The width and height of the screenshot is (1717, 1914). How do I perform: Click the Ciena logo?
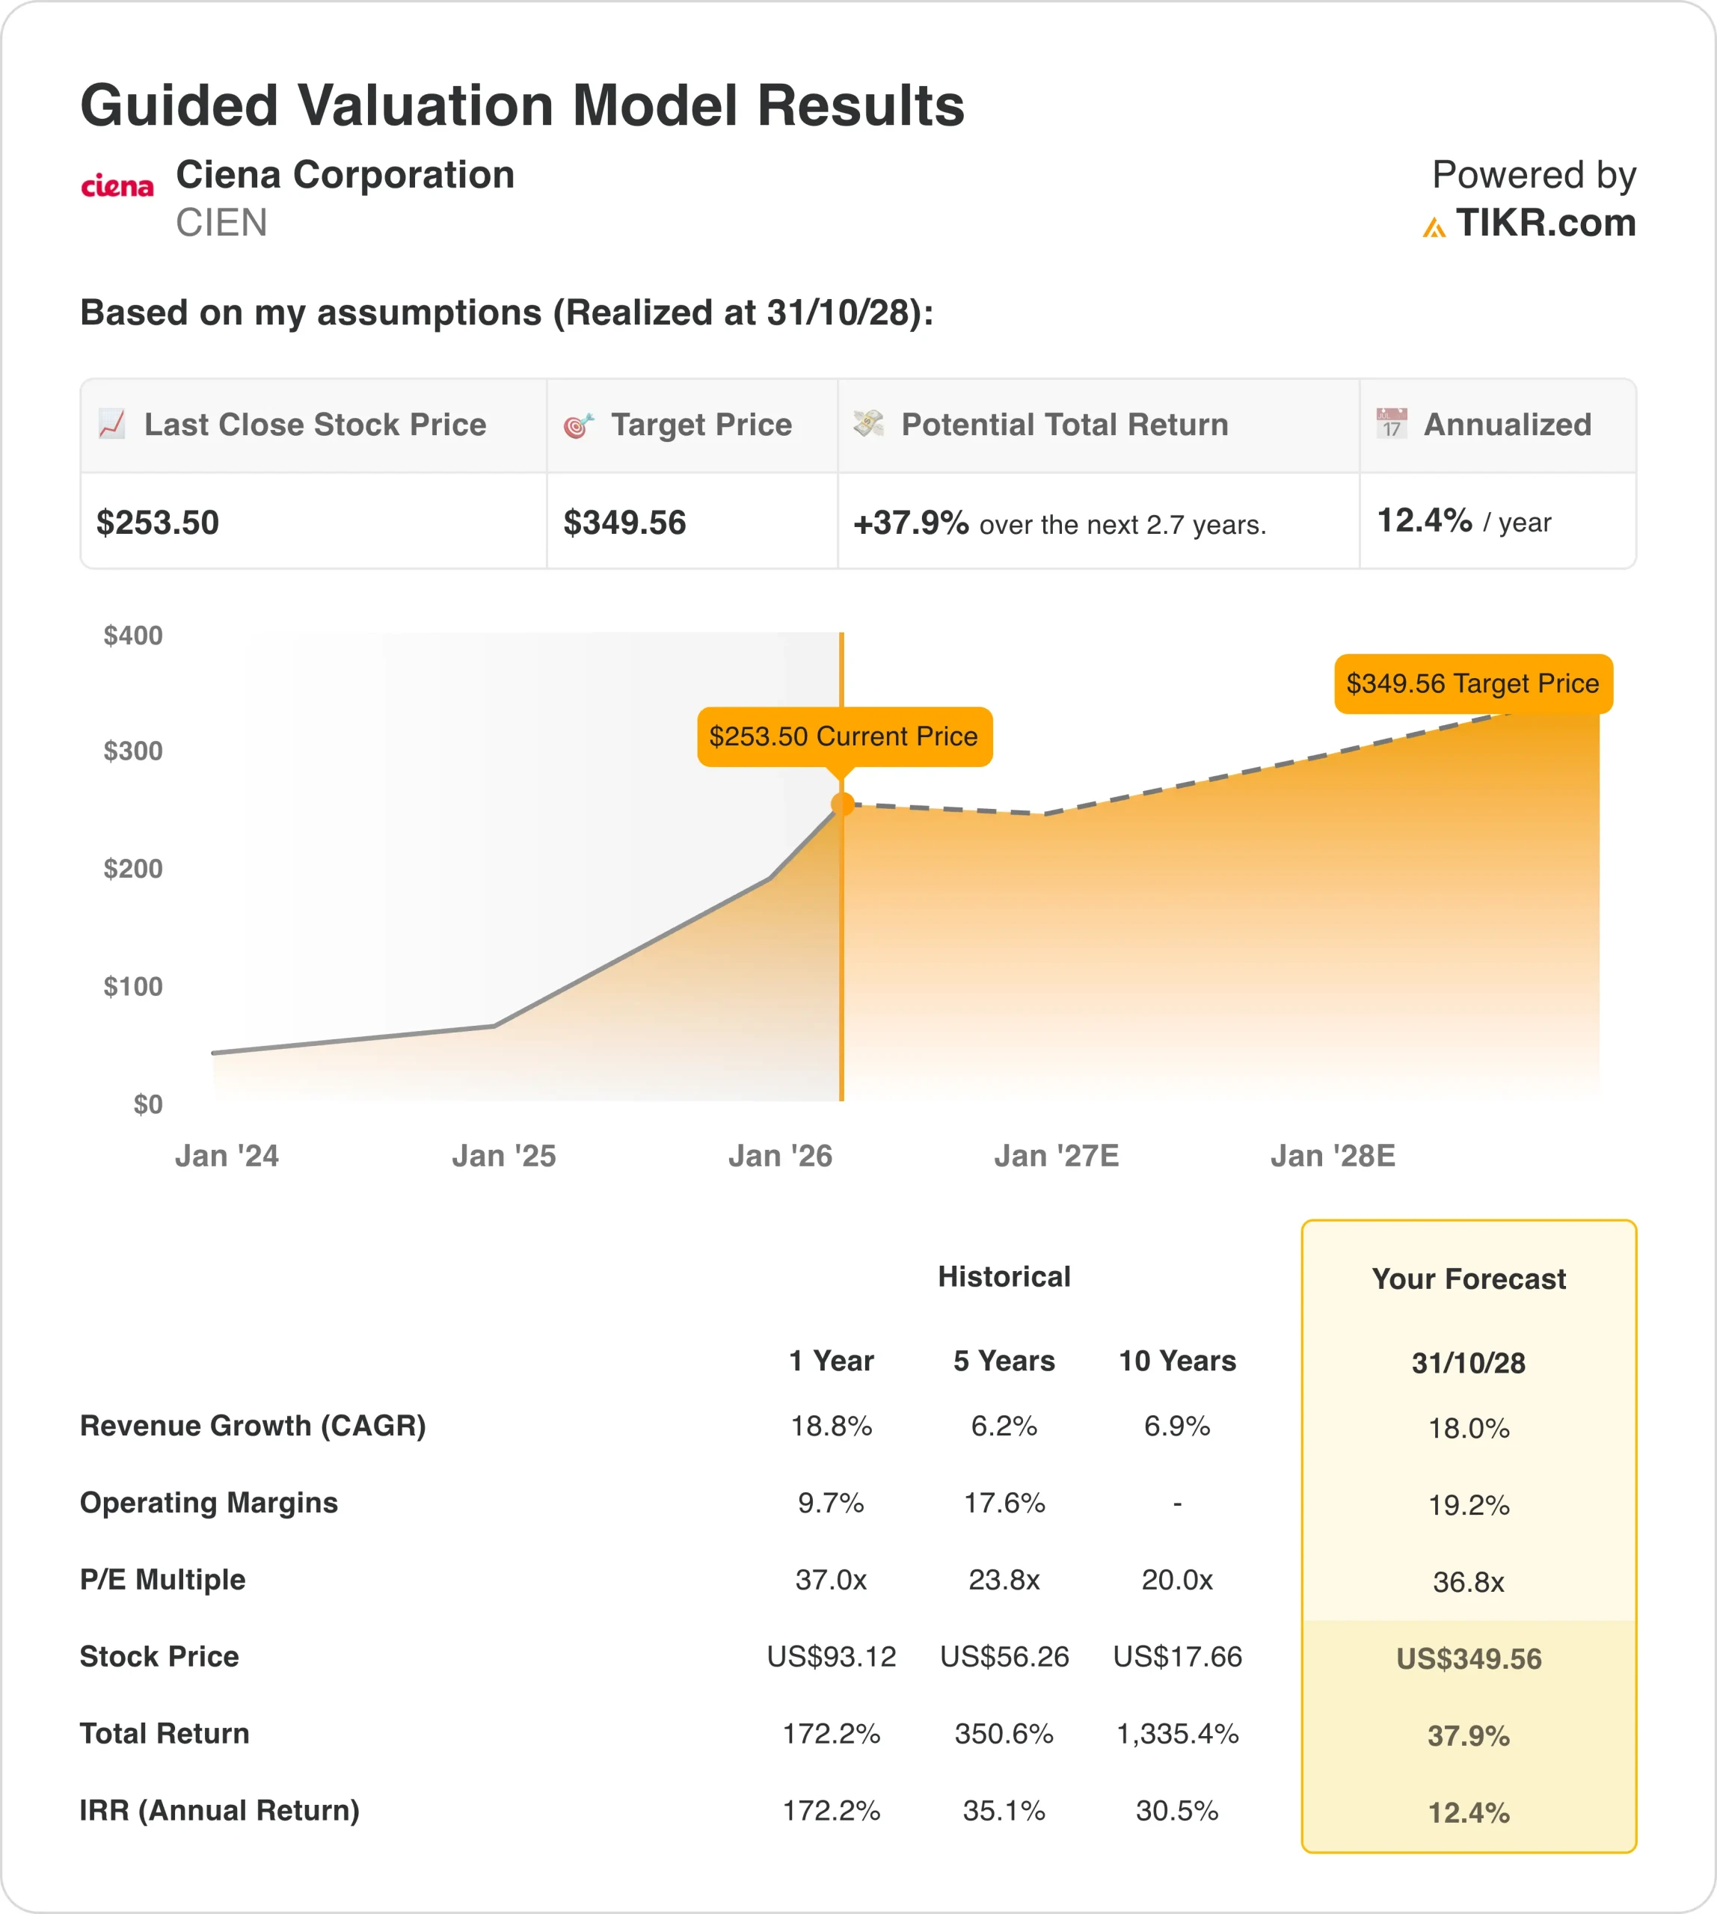(x=117, y=186)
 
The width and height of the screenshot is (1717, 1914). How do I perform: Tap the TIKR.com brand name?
(x=1544, y=224)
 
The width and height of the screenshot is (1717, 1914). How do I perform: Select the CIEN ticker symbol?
(x=221, y=224)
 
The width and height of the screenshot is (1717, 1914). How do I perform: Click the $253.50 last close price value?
(x=158, y=523)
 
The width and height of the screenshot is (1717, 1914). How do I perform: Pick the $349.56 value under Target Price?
(x=624, y=523)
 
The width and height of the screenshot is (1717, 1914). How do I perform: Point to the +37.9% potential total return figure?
(x=910, y=523)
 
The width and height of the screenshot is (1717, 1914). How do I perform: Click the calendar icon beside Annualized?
(x=1392, y=424)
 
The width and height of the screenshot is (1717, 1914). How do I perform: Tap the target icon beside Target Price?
(x=578, y=425)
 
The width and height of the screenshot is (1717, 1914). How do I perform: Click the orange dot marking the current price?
(x=843, y=804)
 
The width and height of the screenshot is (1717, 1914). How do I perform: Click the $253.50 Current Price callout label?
(x=844, y=736)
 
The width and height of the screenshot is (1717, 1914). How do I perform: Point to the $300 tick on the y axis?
(x=133, y=751)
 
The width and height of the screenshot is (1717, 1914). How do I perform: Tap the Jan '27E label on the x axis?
(x=1057, y=1156)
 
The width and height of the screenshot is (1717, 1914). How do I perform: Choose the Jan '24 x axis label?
(x=227, y=1156)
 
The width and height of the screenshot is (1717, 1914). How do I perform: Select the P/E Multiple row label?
(x=162, y=1579)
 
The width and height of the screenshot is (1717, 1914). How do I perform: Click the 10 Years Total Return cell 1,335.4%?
(x=1177, y=1733)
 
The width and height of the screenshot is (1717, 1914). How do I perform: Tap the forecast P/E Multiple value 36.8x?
(x=1469, y=1581)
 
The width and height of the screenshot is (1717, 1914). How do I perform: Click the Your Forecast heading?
(x=1469, y=1278)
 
